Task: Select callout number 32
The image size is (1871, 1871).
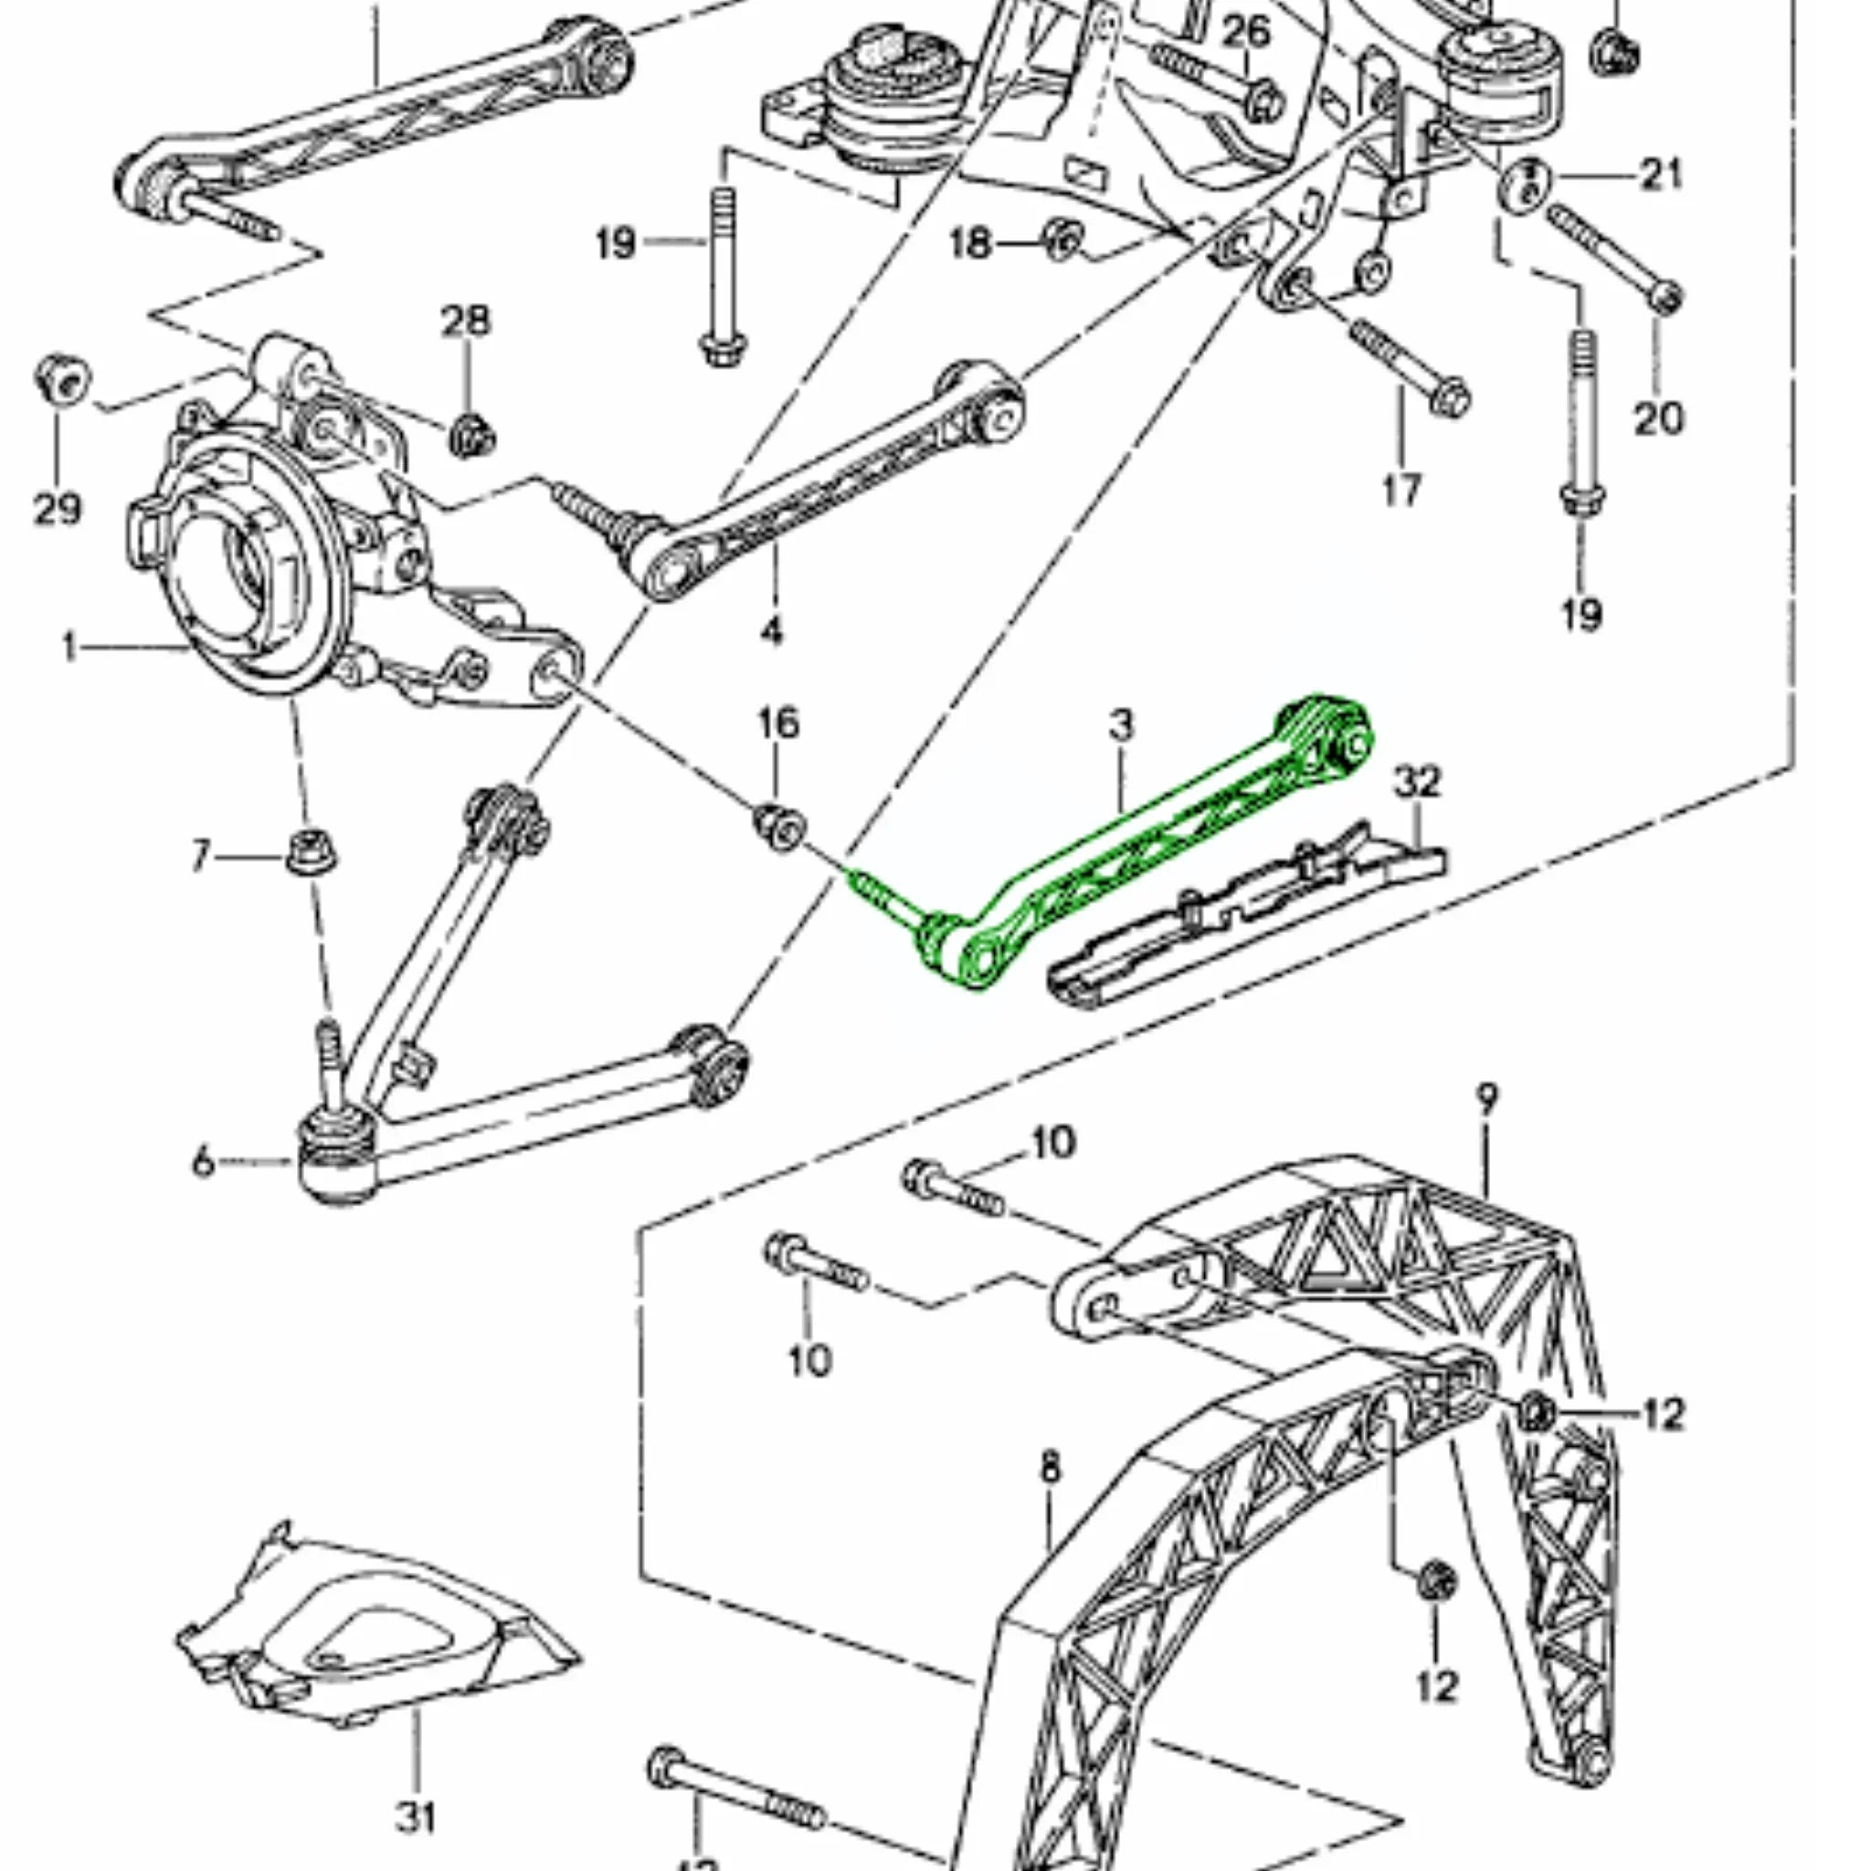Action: [x=1417, y=780]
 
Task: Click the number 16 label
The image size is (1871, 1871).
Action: [x=778, y=723]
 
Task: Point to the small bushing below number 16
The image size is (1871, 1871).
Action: [x=780, y=825]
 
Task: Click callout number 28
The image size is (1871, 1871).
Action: [x=466, y=321]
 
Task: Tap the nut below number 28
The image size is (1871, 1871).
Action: [x=471, y=436]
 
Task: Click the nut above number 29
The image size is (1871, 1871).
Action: [x=63, y=381]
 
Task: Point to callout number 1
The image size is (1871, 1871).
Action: [x=69, y=647]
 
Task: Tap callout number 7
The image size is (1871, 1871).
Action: [x=200, y=856]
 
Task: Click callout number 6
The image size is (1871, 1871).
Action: [x=203, y=1160]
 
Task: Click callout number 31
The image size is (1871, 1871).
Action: [x=417, y=1817]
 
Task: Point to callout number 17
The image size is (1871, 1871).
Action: [x=1401, y=490]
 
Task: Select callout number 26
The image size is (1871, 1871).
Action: [x=1246, y=32]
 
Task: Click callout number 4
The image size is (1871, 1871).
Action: [x=771, y=631]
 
